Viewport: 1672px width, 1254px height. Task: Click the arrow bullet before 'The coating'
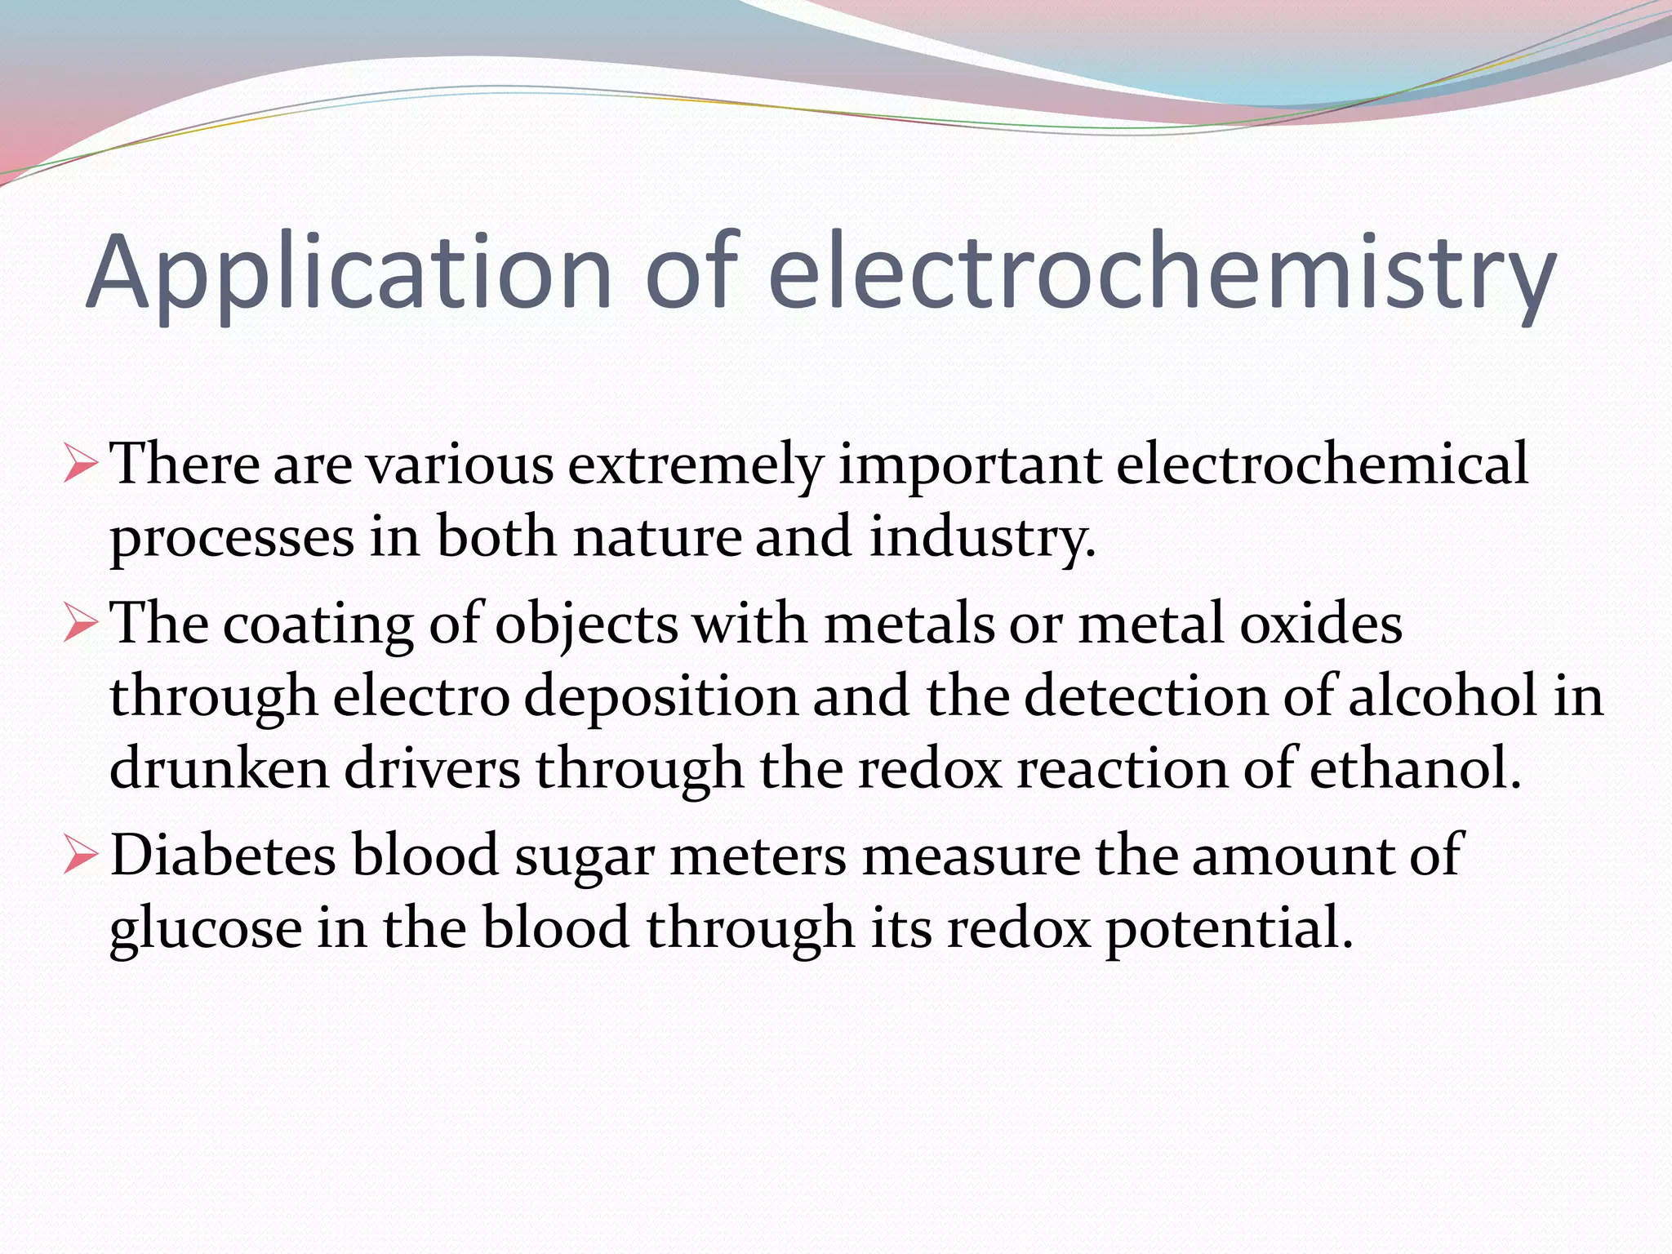tap(80, 624)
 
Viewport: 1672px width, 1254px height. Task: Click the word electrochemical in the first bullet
tap(1322, 464)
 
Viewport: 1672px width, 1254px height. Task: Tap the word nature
tap(657, 538)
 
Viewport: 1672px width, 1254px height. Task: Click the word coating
tap(318, 625)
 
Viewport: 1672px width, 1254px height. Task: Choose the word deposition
tap(660, 698)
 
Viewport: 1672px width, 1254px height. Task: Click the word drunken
tap(219, 769)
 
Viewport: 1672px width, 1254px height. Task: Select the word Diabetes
tap(223, 856)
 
